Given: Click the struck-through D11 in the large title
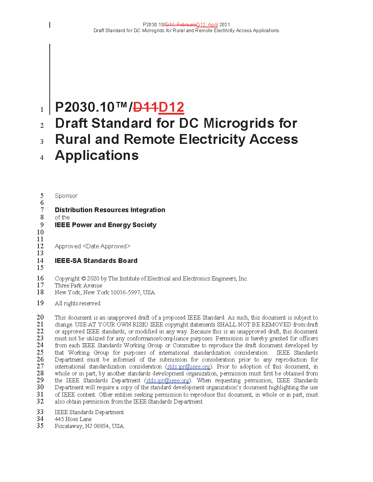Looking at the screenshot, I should coord(146,107).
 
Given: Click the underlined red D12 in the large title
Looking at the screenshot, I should coord(171,107).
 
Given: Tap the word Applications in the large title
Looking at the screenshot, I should coord(97,156).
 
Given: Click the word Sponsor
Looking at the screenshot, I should coord(66,196).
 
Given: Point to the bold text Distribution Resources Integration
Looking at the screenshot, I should coord(110,210).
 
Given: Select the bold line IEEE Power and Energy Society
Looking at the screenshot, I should coord(105,225).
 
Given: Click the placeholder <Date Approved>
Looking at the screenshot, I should coord(106,246).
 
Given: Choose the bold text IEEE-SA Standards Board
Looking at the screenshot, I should coord(96,261).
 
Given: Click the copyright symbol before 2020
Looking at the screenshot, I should coord(83,279).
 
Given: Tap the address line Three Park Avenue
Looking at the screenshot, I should coord(78,286).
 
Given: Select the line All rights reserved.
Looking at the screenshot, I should coord(78,303).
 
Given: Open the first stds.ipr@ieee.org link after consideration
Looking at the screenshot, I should coord(189,367).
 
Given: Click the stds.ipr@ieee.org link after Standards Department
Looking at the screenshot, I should coord(168,380).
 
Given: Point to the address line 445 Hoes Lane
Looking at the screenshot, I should coord(73,419).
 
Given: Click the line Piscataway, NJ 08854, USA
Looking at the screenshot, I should coord(89,426).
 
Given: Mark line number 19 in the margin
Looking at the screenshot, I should coord(40,303).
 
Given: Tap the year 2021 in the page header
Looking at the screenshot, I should coord(225,25).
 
